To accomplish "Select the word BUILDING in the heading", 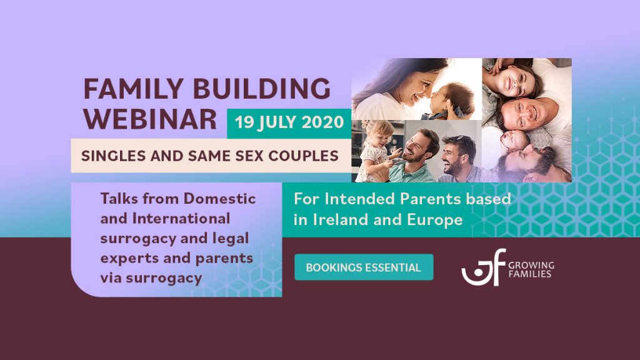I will (x=264, y=89).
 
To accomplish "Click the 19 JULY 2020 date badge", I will (x=289, y=122).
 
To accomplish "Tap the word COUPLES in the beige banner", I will (x=304, y=156).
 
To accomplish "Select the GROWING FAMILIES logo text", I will (x=531, y=269).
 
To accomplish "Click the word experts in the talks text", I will (x=126, y=258).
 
